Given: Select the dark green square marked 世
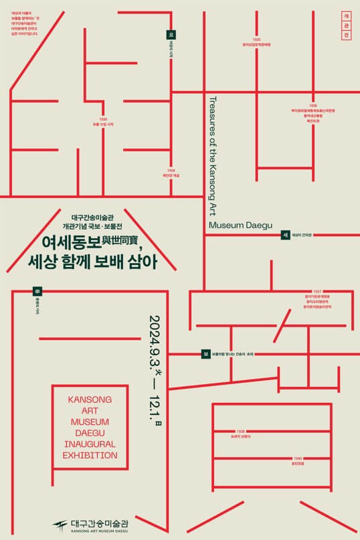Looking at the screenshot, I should click(x=285, y=235).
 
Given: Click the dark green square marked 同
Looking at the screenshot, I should click(x=37, y=292).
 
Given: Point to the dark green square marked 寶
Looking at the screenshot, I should click(x=206, y=354).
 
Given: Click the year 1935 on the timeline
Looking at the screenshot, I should click(x=256, y=39).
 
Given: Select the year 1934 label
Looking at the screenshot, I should click(x=171, y=171).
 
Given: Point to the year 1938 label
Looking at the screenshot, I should click(x=240, y=431).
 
